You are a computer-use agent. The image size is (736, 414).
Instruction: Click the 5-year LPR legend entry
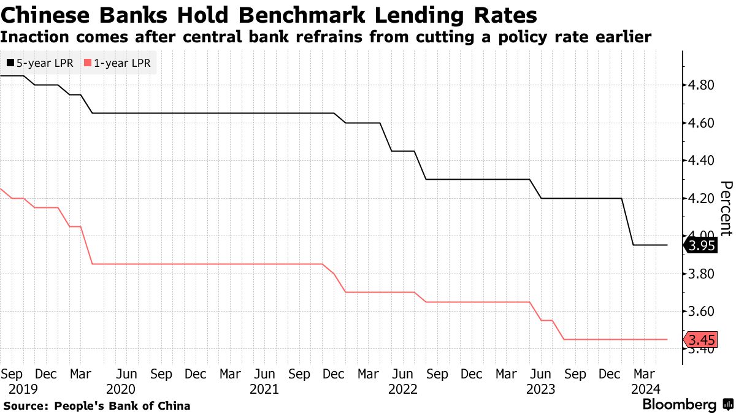pos(40,63)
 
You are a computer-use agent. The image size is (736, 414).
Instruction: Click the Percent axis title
pos(726,209)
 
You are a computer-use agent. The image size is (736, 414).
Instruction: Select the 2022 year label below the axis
pos(402,389)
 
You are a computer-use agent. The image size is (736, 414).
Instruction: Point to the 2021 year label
pos(264,389)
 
